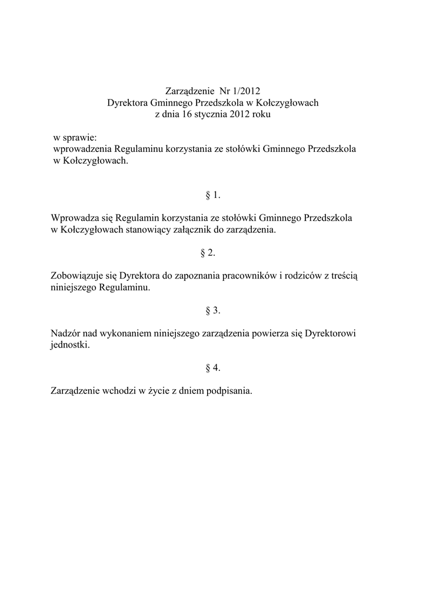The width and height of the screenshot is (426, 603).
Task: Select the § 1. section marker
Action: click(x=213, y=195)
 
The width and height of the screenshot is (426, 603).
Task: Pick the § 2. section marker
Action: click(x=213, y=253)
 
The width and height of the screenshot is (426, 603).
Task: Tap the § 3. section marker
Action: click(x=213, y=310)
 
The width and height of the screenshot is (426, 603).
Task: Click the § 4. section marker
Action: click(x=213, y=368)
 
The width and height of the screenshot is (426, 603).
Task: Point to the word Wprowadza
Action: click(x=73, y=218)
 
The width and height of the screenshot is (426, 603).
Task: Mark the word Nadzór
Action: click(x=66, y=333)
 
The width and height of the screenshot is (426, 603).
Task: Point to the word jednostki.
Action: click(x=71, y=345)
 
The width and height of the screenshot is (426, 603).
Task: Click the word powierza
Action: click(x=271, y=333)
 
